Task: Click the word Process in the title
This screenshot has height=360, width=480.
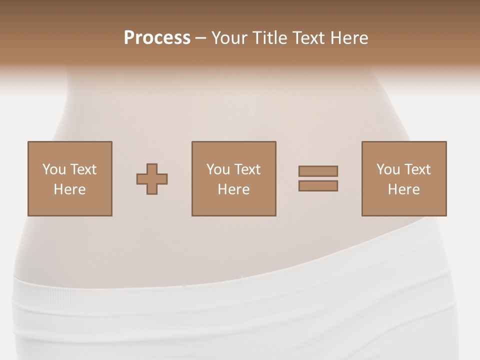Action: (157, 38)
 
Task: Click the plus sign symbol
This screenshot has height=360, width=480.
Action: (152, 179)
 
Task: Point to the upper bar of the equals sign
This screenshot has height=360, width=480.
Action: (318, 171)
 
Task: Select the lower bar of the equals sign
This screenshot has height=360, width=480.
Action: (318, 185)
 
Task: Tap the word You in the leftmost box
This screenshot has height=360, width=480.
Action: (54, 169)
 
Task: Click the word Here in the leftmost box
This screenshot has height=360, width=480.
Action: (70, 189)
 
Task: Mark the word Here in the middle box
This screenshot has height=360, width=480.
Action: (234, 189)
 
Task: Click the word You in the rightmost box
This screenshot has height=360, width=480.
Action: (388, 169)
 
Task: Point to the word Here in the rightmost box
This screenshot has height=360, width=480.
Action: (404, 189)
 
